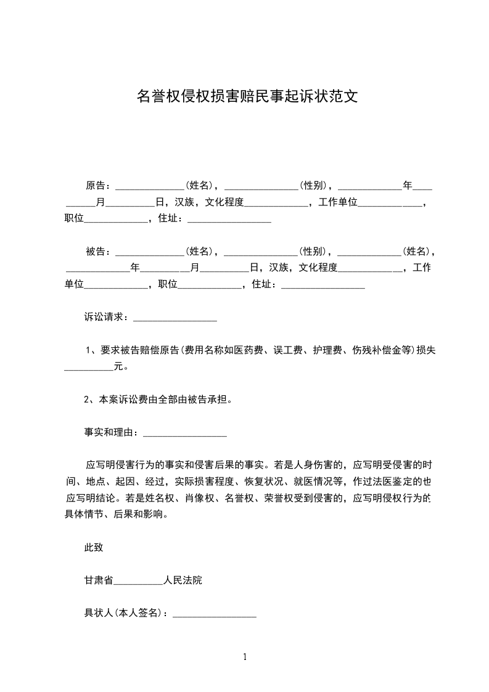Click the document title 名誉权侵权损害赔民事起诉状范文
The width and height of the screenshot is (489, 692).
coord(247,96)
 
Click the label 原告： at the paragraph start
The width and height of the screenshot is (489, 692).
coord(97,185)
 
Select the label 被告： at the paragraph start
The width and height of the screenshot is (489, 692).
coord(97,252)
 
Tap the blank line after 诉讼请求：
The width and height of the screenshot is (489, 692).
coord(175,318)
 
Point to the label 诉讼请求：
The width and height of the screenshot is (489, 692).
coord(107,318)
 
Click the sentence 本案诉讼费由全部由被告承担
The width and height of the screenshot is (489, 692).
coord(162,400)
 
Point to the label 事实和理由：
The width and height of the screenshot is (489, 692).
coord(112,433)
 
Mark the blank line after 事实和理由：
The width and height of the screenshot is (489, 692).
coord(185,433)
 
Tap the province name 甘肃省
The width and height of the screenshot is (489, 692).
coord(99,580)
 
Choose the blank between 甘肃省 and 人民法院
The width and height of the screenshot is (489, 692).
coord(138,582)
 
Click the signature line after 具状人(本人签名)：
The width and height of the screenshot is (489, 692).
coord(214,614)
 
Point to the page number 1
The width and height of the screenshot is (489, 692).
coord(245,657)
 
